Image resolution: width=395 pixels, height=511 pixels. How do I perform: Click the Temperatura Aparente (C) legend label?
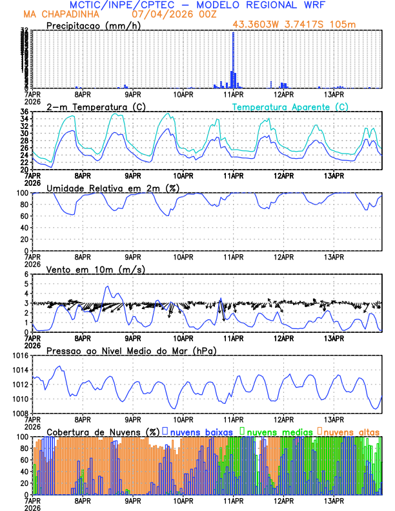click(290, 106)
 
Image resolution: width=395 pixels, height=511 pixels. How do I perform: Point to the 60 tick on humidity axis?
click(23, 216)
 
